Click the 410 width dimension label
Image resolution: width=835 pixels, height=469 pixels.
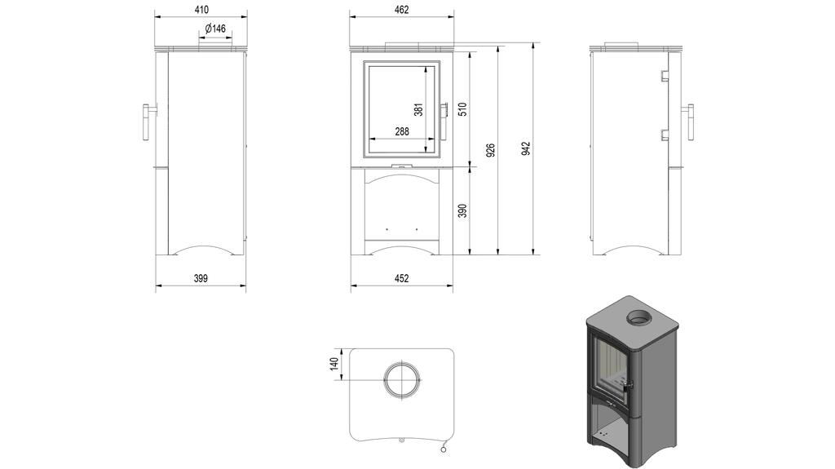pos(201,10)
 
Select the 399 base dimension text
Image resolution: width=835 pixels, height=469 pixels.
pos(201,278)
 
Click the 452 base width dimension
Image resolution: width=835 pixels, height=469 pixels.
pos(401,278)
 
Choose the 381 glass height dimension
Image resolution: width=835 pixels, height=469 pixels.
pos(418,109)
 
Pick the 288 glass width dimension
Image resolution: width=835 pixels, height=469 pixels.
pos(401,131)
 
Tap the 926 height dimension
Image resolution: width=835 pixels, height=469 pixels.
pos(490,151)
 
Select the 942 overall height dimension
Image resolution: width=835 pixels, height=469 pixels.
pos(526,148)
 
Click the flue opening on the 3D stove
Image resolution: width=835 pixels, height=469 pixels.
pos(638,317)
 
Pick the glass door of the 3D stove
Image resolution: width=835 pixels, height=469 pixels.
pos(611,370)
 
